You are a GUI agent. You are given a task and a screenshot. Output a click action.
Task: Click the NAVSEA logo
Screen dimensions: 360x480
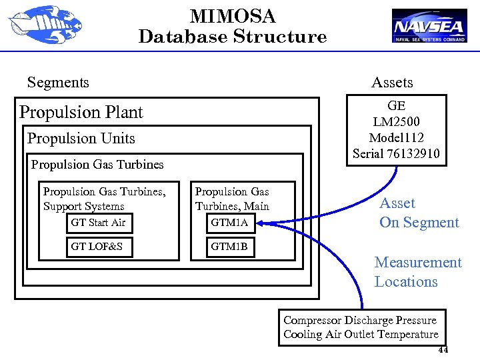point(429,26)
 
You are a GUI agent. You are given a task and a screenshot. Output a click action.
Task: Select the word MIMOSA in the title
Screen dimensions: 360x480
point(232,16)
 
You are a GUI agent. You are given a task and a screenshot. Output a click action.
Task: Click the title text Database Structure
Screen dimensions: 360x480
point(232,37)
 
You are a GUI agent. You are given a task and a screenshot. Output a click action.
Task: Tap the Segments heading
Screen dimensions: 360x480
point(58,83)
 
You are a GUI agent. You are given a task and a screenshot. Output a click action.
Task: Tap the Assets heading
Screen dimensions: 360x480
point(392,83)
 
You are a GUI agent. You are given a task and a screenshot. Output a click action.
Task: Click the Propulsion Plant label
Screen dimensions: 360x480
point(81,112)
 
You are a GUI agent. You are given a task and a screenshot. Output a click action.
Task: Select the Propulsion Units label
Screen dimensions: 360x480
point(81,139)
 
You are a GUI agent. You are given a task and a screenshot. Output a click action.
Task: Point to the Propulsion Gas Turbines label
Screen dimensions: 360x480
point(97,164)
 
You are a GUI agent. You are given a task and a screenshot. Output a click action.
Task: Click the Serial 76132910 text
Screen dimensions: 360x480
point(396,154)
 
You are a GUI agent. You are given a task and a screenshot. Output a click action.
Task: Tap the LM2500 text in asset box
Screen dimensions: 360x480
point(396,122)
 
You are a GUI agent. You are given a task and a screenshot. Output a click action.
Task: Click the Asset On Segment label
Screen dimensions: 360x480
point(419,213)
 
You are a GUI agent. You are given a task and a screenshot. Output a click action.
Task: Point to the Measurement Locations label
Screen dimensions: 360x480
point(417,272)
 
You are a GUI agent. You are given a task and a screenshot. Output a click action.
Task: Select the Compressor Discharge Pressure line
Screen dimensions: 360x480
point(360,320)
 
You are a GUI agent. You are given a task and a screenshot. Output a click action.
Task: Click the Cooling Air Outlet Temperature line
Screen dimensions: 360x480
point(361,335)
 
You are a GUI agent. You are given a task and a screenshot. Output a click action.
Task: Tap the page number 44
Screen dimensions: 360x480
point(443,351)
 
